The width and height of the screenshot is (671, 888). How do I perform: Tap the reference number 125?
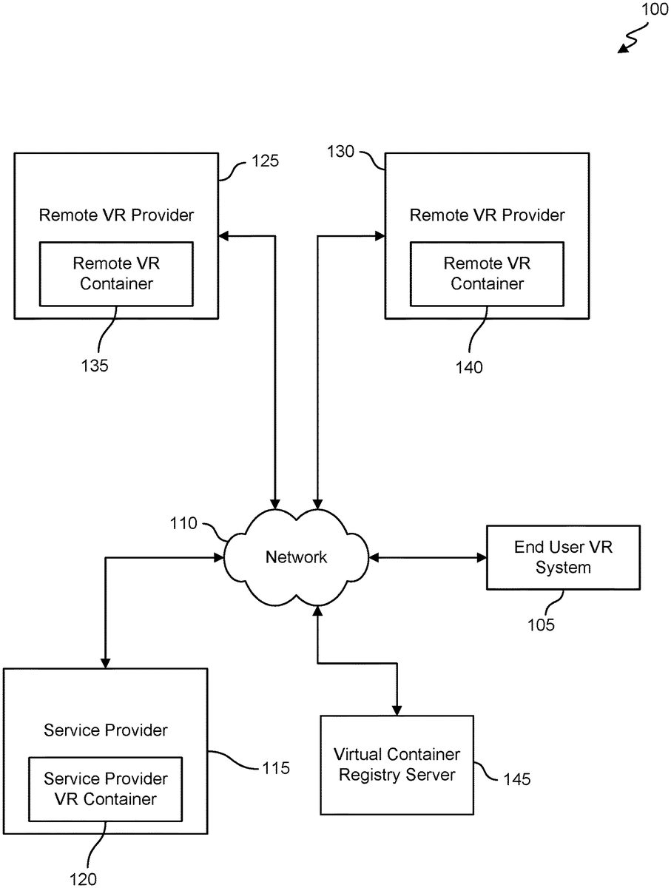coord(265,160)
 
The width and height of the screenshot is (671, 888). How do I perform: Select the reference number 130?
coord(342,152)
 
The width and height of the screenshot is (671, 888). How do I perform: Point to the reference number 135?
coord(95,365)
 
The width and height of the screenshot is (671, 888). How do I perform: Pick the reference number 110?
coord(183,524)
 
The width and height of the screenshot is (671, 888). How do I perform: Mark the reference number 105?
coord(540,625)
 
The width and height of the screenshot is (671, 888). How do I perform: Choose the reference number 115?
coord(274,768)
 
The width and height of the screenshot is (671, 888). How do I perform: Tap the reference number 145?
coord(516,779)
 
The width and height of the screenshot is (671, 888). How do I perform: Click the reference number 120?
coord(83,879)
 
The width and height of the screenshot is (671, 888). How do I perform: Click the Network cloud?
coord(296,557)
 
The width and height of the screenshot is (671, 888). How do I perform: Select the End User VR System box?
coord(563,557)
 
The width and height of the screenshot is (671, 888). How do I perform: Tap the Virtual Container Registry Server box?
coord(397,764)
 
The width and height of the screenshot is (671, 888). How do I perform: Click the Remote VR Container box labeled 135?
coord(116,273)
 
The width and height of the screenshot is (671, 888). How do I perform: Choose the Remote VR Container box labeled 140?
coord(487,273)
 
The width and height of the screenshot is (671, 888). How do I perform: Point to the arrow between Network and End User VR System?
coord(427,557)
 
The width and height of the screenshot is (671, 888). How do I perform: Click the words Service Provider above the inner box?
coord(106,730)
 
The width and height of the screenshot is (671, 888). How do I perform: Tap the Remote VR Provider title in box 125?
coord(116,215)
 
